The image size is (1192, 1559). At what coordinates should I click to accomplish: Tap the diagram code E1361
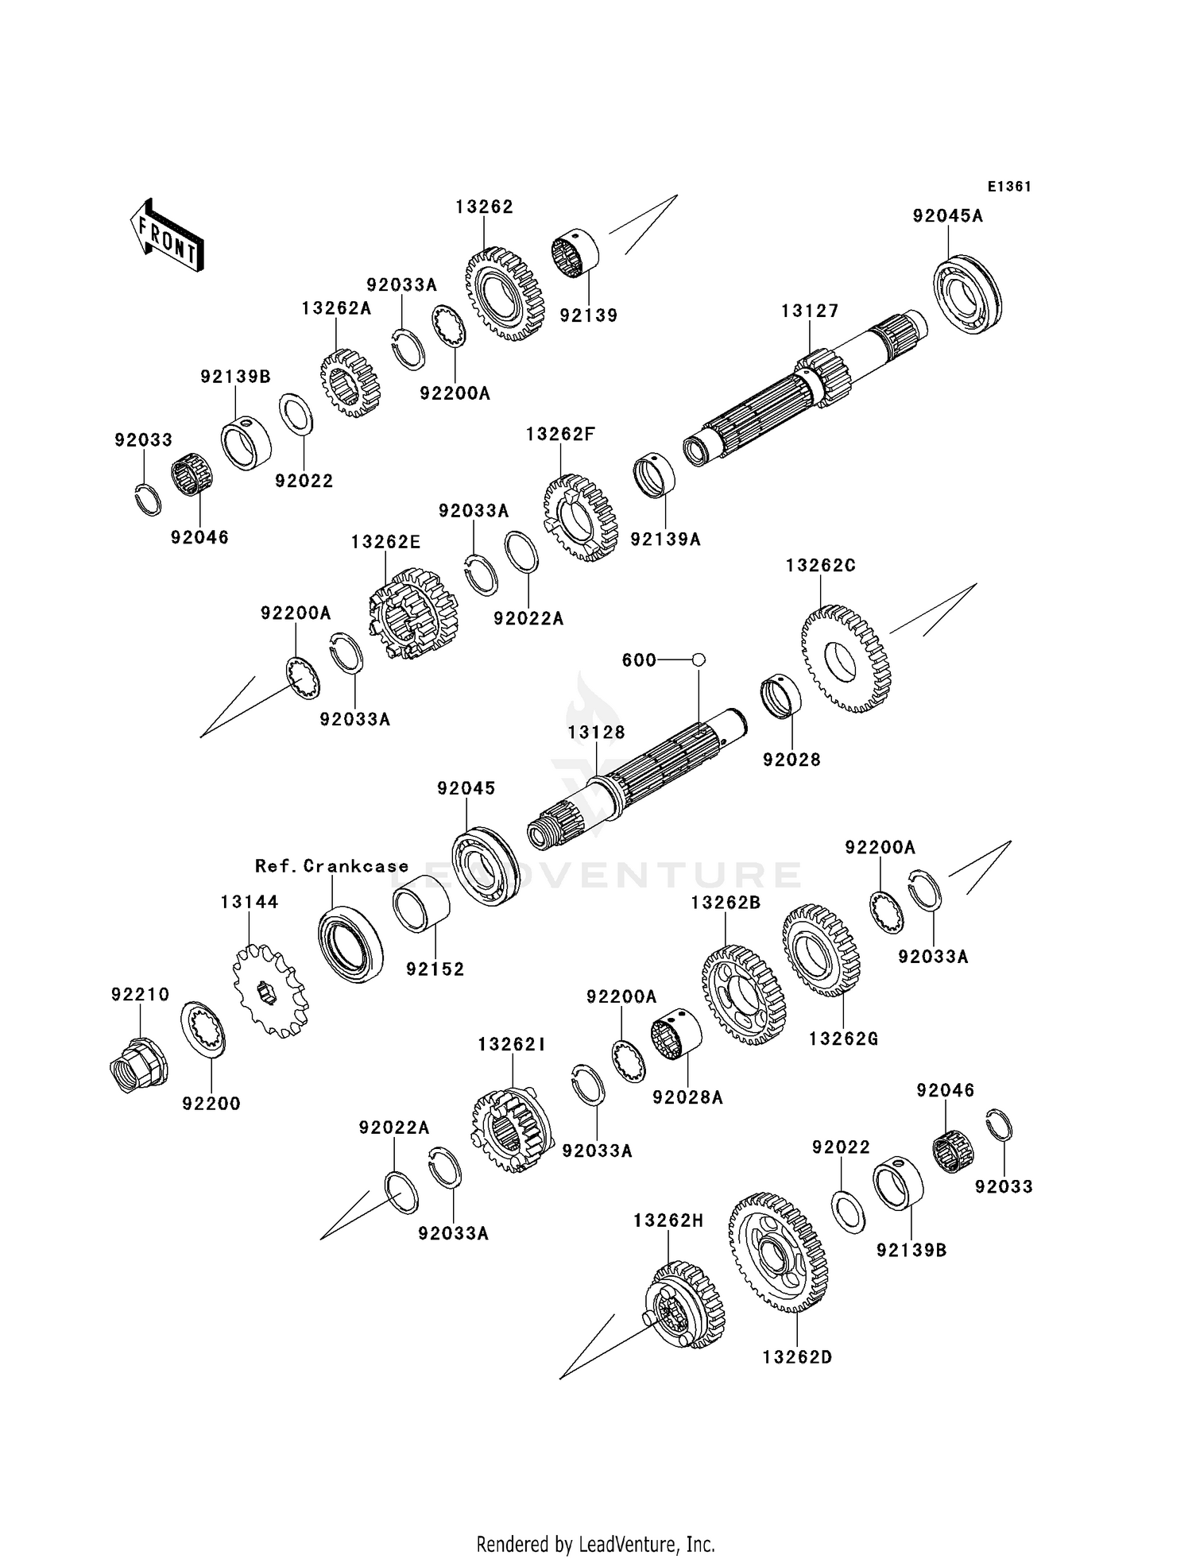tap(1009, 187)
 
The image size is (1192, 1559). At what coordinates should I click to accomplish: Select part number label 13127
tap(810, 311)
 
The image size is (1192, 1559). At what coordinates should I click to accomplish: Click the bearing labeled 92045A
tap(966, 294)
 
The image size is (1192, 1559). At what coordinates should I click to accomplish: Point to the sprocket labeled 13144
tap(270, 989)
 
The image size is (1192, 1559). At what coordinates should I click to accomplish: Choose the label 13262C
tap(821, 565)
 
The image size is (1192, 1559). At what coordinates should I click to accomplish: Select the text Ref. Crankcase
tap(331, 866)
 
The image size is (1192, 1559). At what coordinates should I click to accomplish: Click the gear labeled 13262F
tap(581, 517)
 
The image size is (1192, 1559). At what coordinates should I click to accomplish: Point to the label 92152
tap(435, 969)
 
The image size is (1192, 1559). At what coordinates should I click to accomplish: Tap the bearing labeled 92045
tap(486, 867)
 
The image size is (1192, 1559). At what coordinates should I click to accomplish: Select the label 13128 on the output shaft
tap(596, 732)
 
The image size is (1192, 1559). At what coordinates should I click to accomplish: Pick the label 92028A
tap(687, 1097)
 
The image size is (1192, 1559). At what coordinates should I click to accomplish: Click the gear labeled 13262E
tap(413, 613)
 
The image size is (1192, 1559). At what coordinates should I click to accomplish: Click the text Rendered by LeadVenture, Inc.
tap(595, 1544)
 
